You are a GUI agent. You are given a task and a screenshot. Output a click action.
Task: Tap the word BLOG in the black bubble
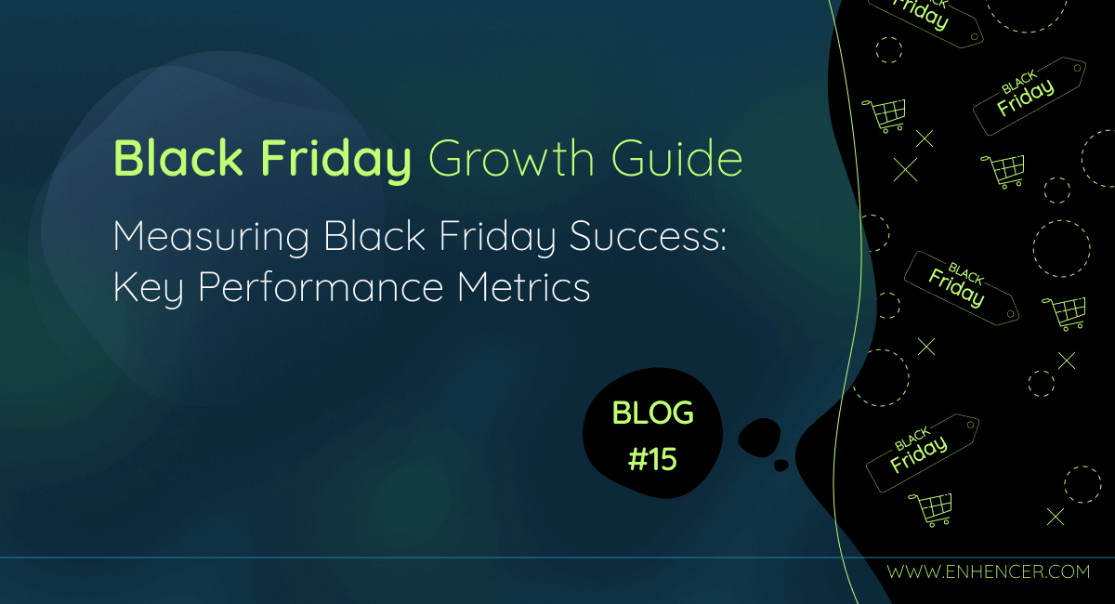point(652,414)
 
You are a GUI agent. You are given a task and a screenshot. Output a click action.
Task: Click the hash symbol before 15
point(637,459)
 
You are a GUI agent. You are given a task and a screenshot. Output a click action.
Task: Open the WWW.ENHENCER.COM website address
point(988,571)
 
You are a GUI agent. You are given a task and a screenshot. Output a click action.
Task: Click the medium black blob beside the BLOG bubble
point(759,437)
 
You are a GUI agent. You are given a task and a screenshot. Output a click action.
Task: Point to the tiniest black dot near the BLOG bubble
point(781,464)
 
